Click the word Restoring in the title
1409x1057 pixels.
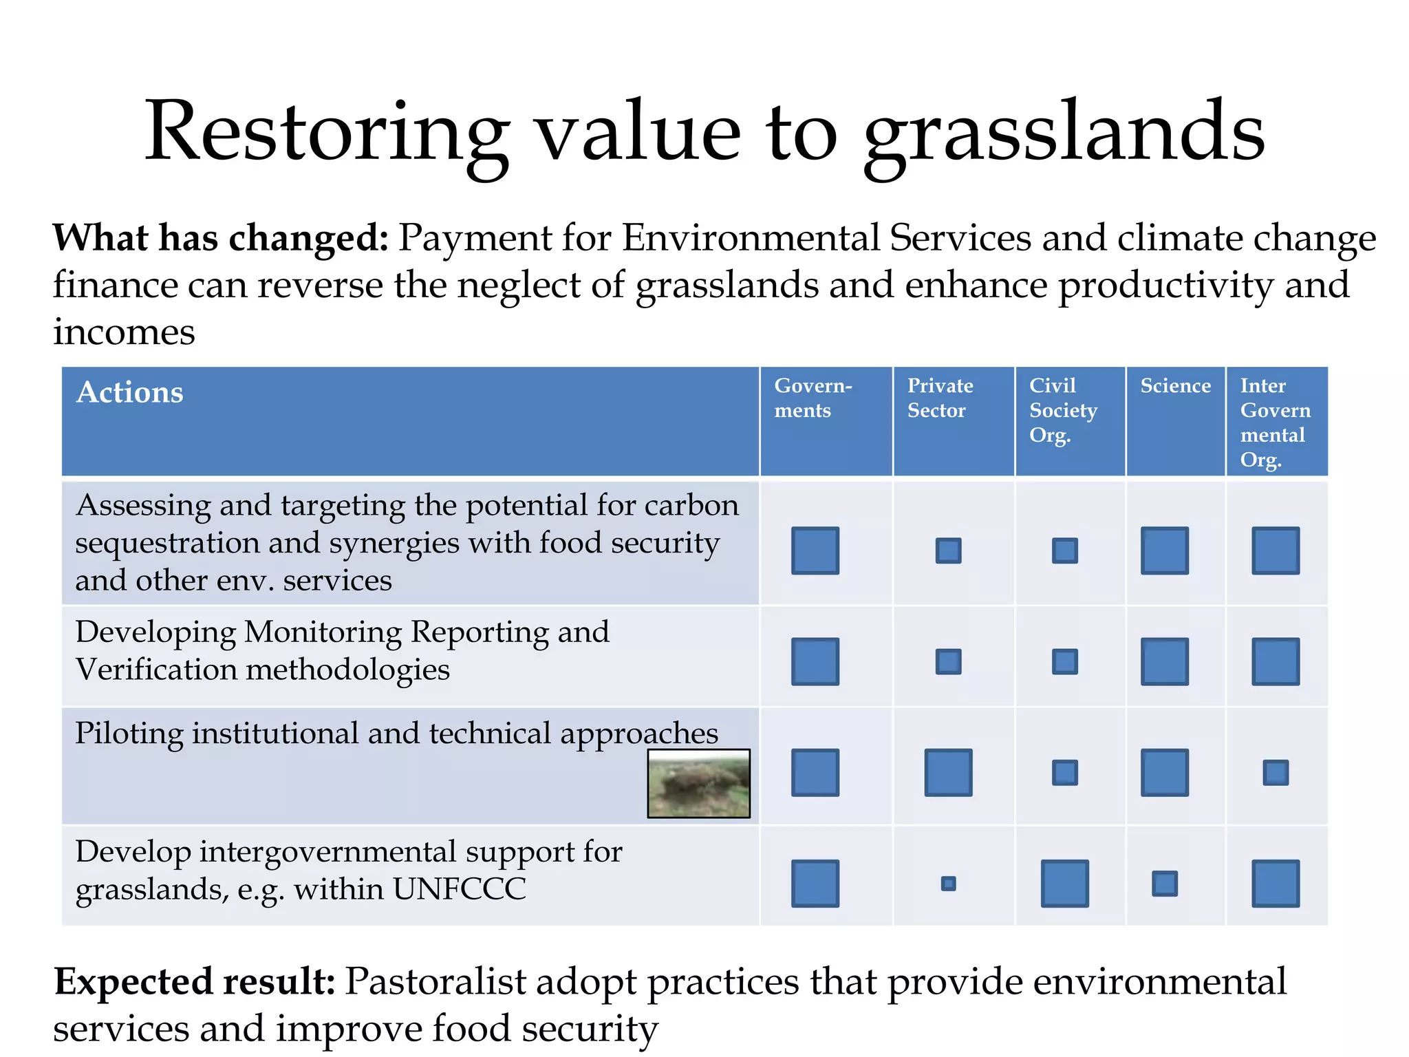327,132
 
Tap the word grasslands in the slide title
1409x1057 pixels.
1064,132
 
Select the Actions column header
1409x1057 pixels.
130,392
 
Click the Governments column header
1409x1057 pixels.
813,398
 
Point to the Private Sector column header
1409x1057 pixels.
940,398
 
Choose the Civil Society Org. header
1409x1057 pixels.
1062,410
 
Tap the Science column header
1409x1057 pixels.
1175,386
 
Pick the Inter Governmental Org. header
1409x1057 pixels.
1275,422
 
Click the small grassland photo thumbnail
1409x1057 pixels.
698,783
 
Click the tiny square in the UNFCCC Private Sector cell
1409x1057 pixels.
948,884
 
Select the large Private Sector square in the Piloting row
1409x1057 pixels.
948,773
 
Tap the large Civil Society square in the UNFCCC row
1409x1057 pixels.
1064,884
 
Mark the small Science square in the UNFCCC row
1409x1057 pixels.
1164,884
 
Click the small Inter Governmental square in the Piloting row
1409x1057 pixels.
1275,773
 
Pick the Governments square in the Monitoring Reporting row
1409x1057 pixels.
815,661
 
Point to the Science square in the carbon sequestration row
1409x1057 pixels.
1164,551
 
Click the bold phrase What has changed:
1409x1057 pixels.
221,238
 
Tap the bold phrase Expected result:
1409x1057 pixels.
195,981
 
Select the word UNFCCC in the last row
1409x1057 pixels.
459,889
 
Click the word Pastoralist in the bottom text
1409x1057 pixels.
435,981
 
